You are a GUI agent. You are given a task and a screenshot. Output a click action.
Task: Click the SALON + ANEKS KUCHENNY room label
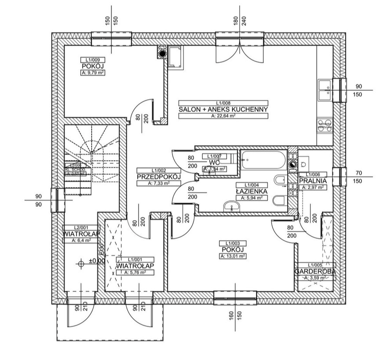(x=223, y=109)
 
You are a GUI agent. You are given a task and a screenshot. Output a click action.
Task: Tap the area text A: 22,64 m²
(x=223, y=116)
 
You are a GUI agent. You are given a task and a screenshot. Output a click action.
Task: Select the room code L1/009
(x=93, y=59)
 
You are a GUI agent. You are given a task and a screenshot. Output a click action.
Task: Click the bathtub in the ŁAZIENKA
(x=263, y=160)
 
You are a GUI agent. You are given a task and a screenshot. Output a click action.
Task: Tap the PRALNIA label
(x=313, y=180)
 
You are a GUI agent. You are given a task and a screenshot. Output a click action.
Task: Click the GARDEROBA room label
(x=315, y=271)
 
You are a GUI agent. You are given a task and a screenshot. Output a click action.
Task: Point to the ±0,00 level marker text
(x=97, y=261)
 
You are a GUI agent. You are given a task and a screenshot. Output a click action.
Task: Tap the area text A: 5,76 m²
(x=135, y=273)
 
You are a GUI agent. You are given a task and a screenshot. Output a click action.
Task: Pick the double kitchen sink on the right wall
(x=325, y=90)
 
